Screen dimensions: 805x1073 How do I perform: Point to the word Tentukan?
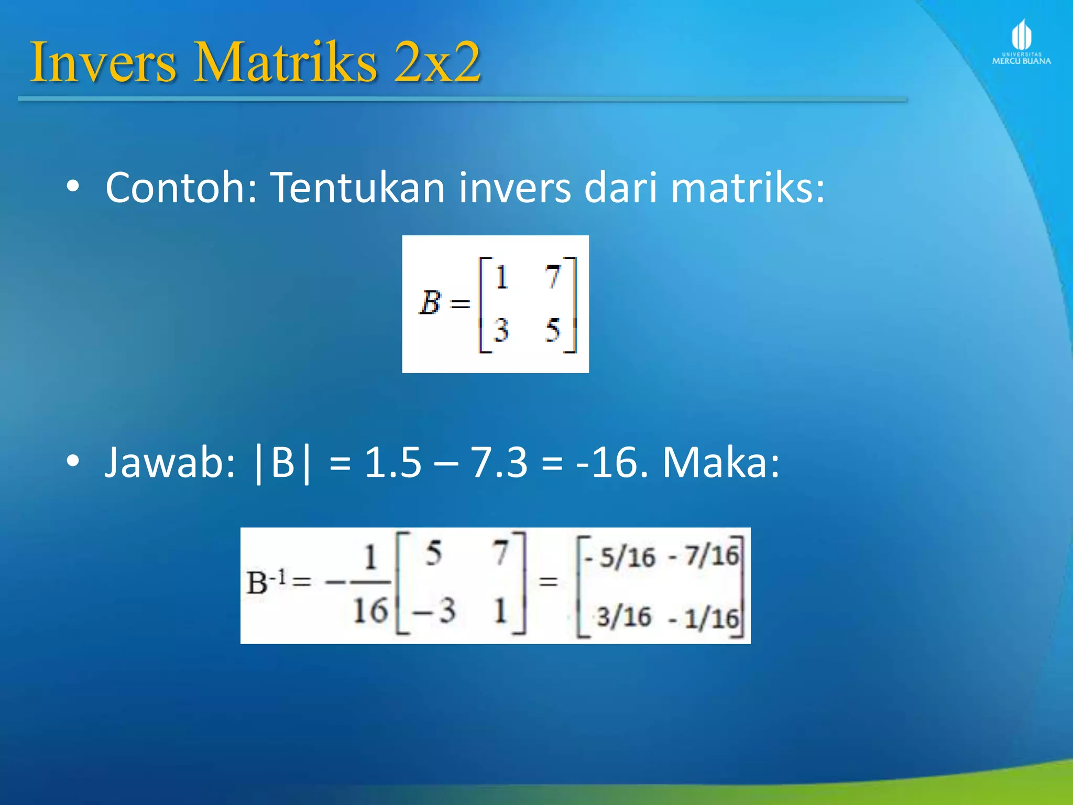pos(358,187)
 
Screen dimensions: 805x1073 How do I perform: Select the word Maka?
pos(721,462)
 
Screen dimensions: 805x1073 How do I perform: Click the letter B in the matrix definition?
pos(430,303)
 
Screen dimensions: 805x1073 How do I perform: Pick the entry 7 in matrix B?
pos(552,277)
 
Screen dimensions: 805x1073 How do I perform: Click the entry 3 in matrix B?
pos(501,330)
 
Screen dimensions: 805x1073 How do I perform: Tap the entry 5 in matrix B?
pos(552,330)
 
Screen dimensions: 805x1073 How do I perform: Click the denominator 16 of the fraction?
pos(370,611)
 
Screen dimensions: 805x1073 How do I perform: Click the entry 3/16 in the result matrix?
pos(624,617)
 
